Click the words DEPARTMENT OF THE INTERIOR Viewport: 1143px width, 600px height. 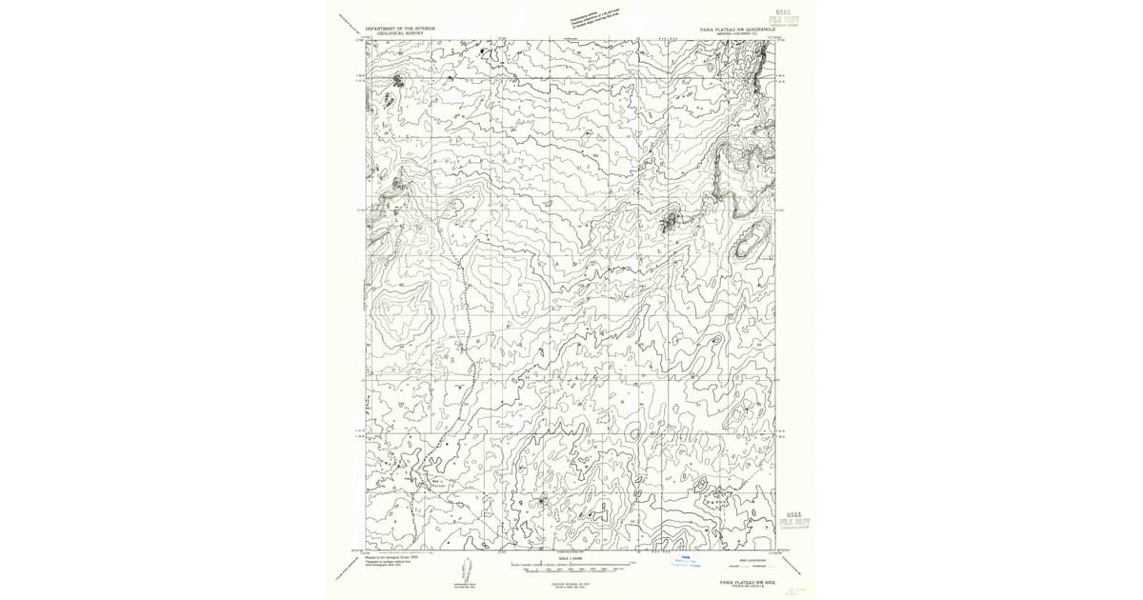400,29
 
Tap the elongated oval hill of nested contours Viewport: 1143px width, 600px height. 751,237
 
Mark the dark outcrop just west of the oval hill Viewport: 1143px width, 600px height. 671,224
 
